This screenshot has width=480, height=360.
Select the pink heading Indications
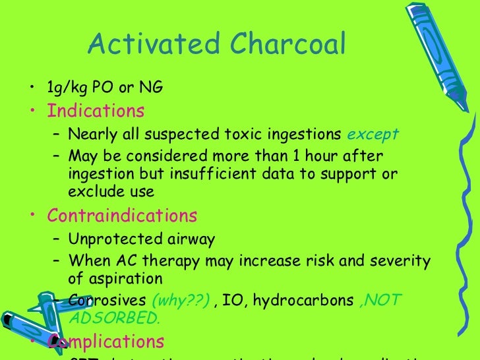tap(96, 109)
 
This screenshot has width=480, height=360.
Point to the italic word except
tap(373, 135)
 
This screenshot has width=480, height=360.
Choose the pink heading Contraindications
tap(123, 216)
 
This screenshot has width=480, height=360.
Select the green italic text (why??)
tap(181, 301)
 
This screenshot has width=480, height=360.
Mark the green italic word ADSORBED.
tap(113, 320)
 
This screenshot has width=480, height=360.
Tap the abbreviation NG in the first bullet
tap(151, 87)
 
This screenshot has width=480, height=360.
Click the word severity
tap(403, 261)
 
